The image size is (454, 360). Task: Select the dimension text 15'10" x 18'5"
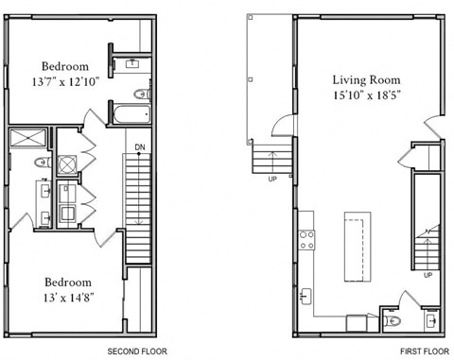click(x=366, y=95)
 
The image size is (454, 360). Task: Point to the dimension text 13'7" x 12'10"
click(x=65, y=82)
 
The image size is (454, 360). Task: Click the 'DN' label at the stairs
click(x=139, y=147)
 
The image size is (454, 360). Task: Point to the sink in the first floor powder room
click(x=431, y=320)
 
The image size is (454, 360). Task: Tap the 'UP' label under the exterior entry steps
click(x=273, y=178)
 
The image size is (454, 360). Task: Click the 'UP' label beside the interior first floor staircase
click(x=428, y=275)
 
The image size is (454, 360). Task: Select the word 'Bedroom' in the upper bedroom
click(x=65, y=66)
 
